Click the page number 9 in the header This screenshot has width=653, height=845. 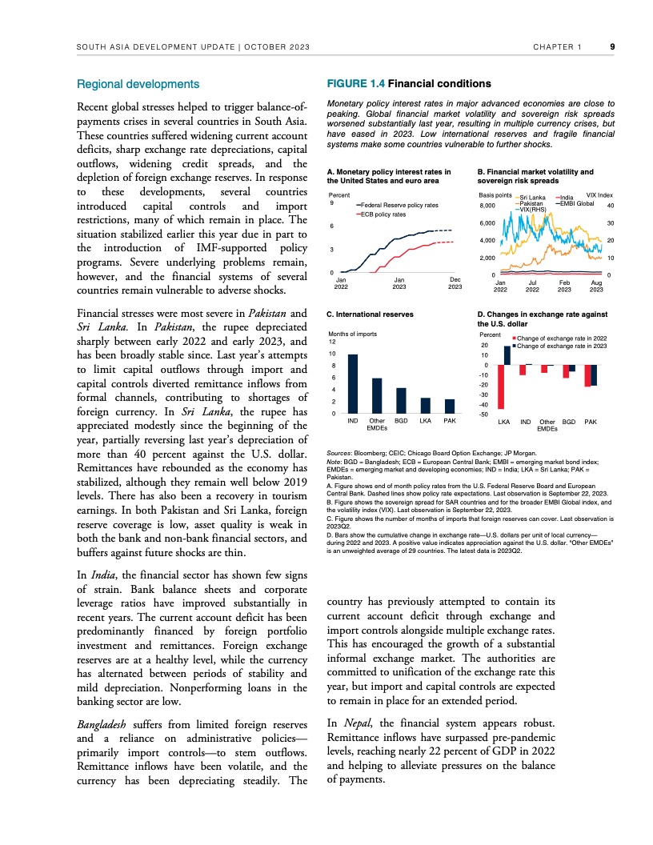tap(611, 46)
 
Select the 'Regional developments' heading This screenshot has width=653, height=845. tap(137, 84)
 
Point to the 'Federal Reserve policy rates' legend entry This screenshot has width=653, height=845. tap(400, 206)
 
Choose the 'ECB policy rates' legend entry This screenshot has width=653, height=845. tap(384, 214)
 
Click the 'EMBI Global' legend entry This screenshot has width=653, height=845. tap(577, 203)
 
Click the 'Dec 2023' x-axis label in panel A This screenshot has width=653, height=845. tap(455, 282)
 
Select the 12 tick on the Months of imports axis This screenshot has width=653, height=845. tap(331, 342)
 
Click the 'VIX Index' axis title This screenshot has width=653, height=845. tap(599, 195)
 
